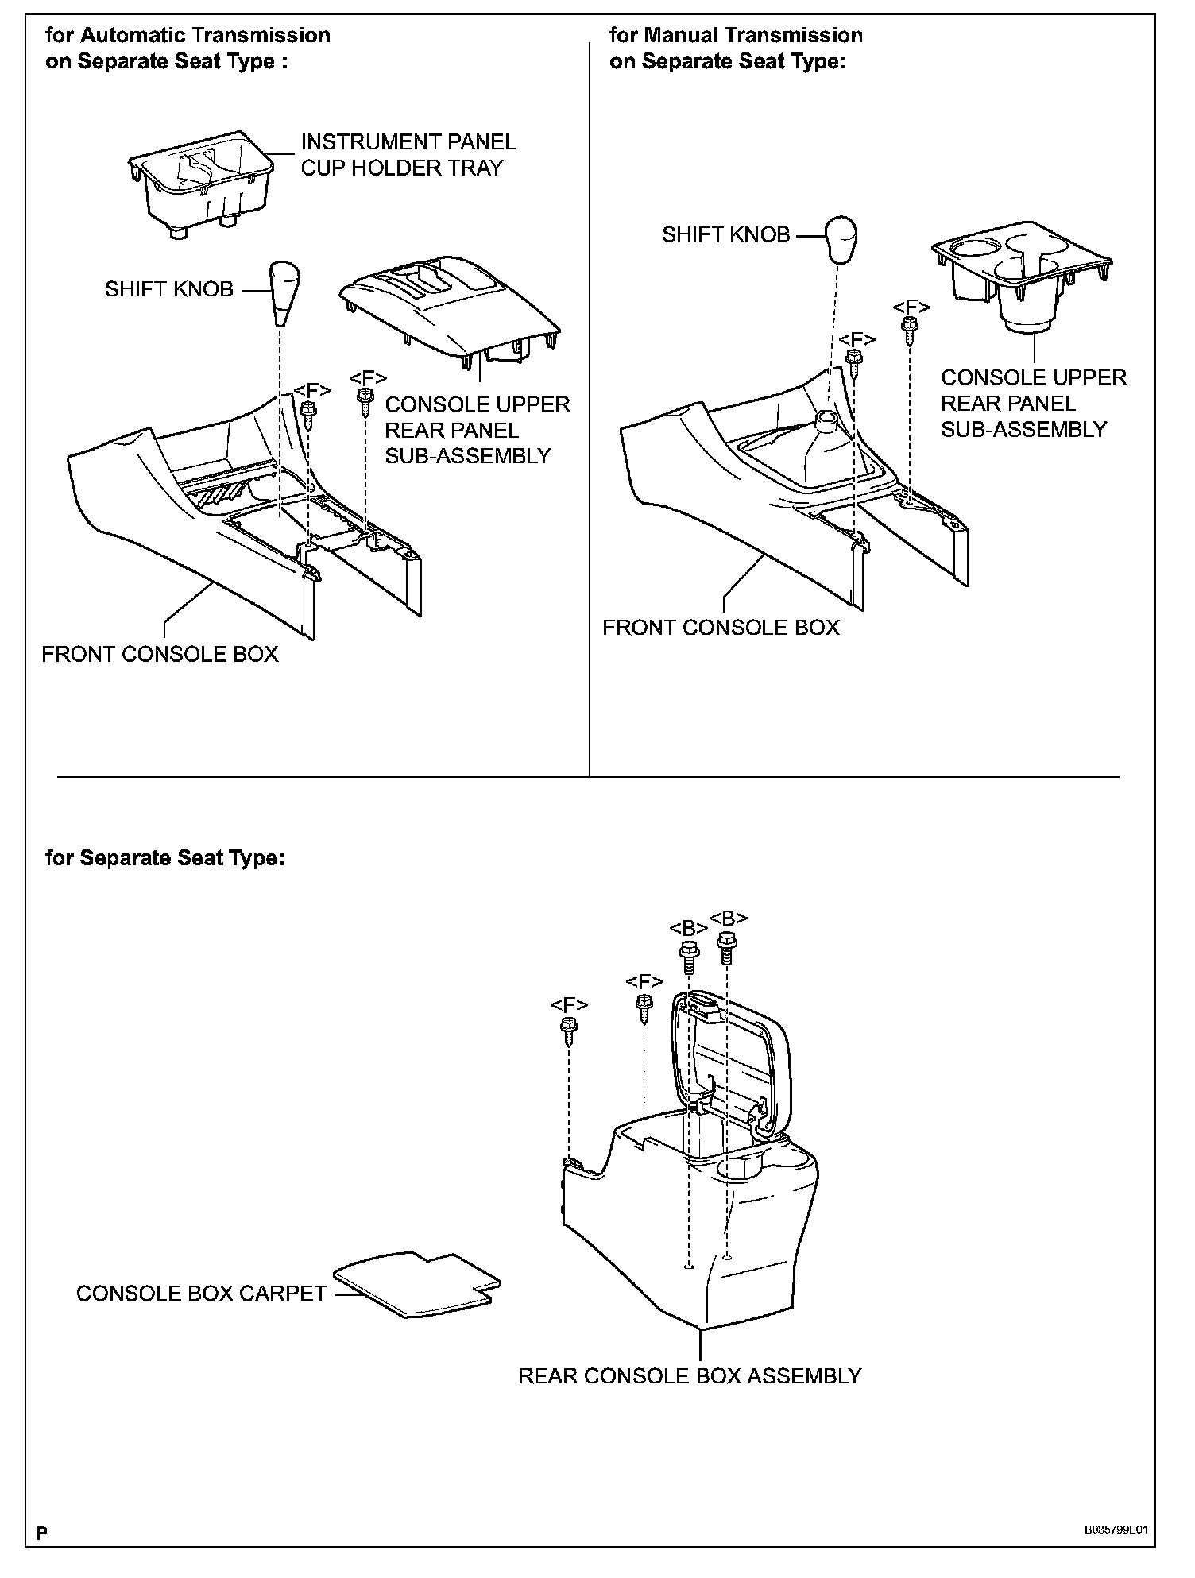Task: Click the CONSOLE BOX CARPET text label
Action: click(201, 1294)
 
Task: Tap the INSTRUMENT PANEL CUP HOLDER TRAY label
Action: click(408, 155)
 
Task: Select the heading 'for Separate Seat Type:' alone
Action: click(164, 858)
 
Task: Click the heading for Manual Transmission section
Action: click(735, 48)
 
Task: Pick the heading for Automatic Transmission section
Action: click(188, 48)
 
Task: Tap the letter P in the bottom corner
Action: click(41, 1532)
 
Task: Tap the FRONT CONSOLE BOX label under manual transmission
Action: click(721, 628)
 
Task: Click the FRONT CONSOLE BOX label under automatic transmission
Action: click(160, 654)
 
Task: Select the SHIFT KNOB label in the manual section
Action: click(725, 234)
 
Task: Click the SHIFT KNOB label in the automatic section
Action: click(169, 289)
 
